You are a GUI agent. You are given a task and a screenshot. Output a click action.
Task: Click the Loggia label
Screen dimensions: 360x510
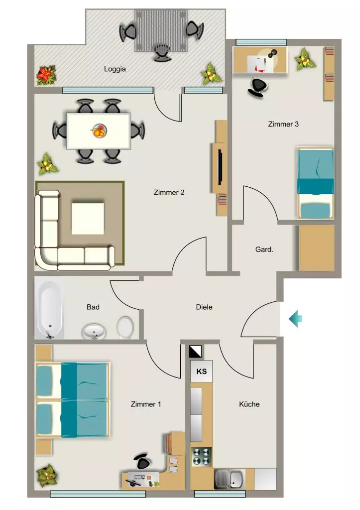(x=115, y=69)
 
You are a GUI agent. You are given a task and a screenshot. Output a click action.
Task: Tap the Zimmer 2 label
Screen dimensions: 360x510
(x=169, y=193)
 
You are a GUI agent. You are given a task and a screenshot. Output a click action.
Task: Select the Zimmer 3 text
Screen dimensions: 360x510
(x=283, y=124)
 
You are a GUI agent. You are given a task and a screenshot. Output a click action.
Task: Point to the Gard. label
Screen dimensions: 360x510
(x=264, y=250)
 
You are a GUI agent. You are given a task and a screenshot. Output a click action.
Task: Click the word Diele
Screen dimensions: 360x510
(x=204, y=307)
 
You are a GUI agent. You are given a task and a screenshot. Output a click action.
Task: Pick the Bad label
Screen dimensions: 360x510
(x=93, y=307)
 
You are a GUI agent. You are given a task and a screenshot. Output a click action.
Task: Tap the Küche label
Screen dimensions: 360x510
(x=249, y=404)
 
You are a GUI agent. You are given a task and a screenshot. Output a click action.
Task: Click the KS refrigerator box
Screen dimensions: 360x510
(x=201, y=371)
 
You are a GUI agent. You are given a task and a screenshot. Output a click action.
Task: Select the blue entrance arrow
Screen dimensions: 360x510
(x=296, y=318)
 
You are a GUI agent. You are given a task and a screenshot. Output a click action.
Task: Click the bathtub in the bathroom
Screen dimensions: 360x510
(x=49, y=310)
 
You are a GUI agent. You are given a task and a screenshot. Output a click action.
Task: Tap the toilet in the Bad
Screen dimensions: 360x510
(x=125, y=327)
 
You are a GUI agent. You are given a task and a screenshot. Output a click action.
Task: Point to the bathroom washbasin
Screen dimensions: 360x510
(x=94, y=331)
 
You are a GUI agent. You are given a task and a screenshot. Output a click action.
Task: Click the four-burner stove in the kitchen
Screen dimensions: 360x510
(x=201, y=456)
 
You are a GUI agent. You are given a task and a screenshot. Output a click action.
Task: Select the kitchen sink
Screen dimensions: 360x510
(x=229, y=479)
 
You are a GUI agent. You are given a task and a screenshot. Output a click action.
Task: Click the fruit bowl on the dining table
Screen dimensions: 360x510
(x=99, y=131)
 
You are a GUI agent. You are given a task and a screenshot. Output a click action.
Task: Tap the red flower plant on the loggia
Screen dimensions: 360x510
(x=46, y=75)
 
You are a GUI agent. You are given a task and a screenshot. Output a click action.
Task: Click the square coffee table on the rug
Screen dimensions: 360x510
(x=88, y=219)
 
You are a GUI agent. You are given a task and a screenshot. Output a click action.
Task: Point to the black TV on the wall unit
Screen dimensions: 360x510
(x=220, y=167)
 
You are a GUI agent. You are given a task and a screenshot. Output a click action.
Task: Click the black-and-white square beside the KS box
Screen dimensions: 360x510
(x=195, y=352)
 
